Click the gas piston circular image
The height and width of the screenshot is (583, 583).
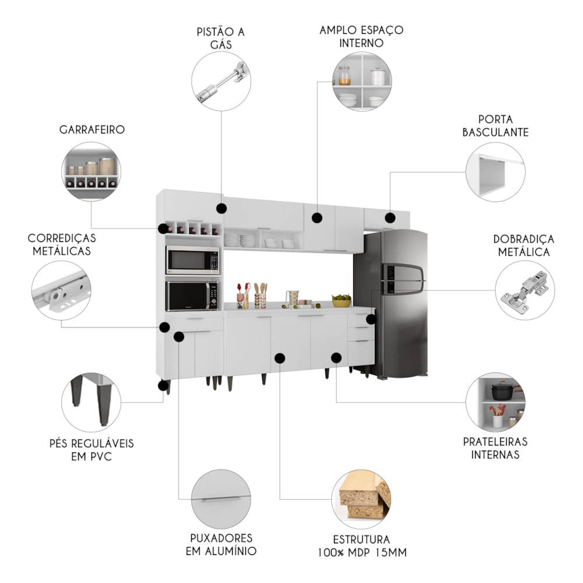point(221,81)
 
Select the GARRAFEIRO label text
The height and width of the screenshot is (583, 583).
point(92,129)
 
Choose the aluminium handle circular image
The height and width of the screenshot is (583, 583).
point(221,499)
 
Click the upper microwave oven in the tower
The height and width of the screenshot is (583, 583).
point(192,260)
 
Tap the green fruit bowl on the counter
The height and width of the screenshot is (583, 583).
point(342,301)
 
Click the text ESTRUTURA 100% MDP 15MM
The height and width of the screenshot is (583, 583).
point(361,546)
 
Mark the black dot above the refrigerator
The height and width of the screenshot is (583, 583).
point(390,218)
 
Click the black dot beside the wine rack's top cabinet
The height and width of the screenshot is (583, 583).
point(221,209)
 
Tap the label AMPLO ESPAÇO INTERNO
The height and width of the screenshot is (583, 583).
point(361,36)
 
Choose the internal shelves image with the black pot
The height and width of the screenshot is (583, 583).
point(496,402)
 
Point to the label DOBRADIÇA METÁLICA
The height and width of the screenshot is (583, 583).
point(524,245)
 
